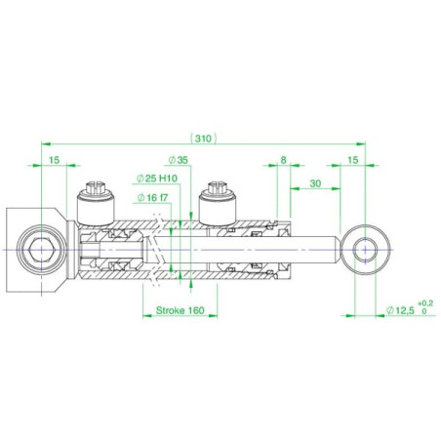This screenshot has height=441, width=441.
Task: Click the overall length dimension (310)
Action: [204, 139]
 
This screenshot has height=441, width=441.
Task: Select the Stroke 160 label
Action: [180, 310]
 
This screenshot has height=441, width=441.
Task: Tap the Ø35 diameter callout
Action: [179, 160]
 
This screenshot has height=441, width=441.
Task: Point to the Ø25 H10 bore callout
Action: [157, 179]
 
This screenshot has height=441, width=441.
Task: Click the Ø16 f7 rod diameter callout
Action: [152, 197]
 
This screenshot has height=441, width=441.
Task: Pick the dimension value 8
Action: [283, 160]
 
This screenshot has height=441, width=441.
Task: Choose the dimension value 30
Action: [315, 183]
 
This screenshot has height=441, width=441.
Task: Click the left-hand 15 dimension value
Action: [55, 160]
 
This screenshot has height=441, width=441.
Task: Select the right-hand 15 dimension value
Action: [352, 160]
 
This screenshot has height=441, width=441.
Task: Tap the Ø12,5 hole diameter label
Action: [400, 310]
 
